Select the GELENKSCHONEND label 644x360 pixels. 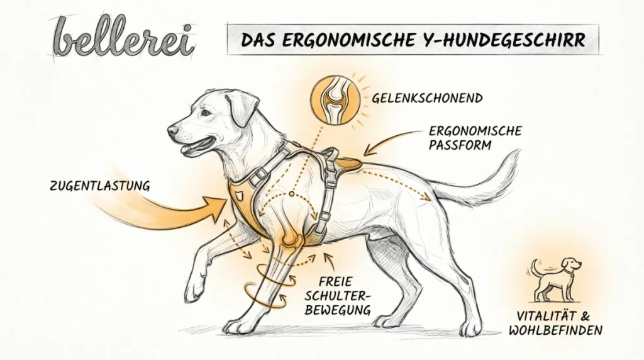click(x=427, y=99)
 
